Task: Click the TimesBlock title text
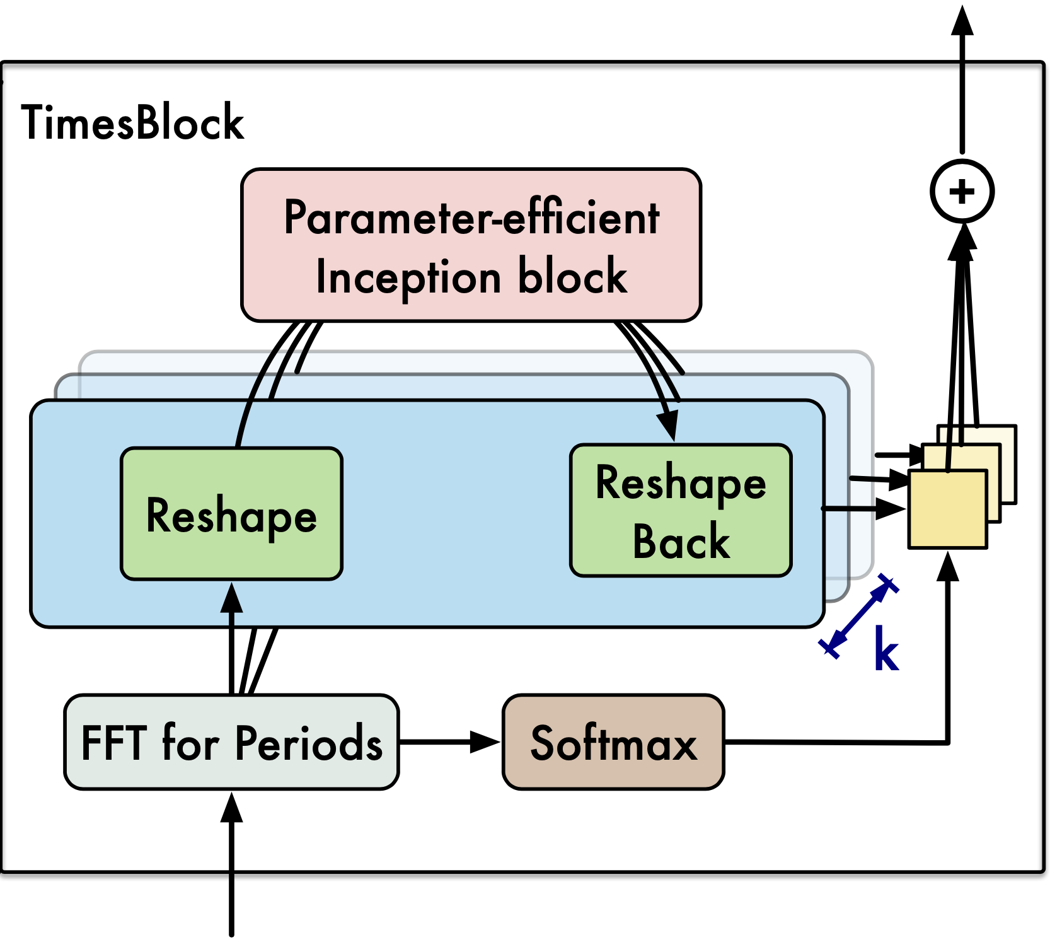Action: (132, 122)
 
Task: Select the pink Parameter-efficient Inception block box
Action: (471, 245)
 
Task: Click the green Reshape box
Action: (231, 513)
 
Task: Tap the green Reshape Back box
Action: (681, 510)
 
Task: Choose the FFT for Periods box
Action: (231, 742)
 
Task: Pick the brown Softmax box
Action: (613, 742)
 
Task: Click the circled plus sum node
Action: (962, 191)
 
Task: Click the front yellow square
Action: (947, 509)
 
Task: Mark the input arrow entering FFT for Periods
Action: (231, 864)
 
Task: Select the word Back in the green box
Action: (681, 542)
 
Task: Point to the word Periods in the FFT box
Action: (309, 743)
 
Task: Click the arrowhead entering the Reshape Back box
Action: (669, 426)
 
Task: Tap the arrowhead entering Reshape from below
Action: (231, 598)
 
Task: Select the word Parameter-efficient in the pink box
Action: (471, 217)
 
